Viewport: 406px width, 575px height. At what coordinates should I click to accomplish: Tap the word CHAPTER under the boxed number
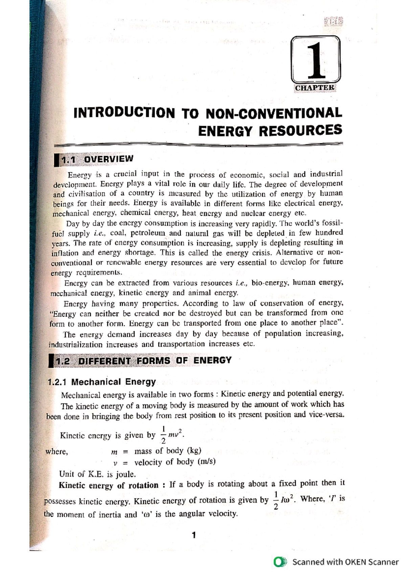click(x=315, y=88)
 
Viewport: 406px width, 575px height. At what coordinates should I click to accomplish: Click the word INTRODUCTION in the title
click(x=124, y=113)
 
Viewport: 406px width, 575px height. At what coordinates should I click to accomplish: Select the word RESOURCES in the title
click(x=300, y=130)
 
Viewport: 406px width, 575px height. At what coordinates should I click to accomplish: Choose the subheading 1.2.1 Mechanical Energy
click(x=101, y=382)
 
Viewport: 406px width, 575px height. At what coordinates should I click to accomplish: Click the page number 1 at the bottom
click(x=194, y=535)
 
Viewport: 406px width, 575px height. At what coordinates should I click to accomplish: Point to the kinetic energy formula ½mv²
click(x=173, y=435)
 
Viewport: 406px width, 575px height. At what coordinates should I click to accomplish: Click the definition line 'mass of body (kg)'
click(x=167, y=451)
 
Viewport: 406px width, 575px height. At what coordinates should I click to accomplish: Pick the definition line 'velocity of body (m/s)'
click(x=175, y=462)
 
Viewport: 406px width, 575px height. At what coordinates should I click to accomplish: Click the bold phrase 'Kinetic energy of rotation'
click(x=108, y=485)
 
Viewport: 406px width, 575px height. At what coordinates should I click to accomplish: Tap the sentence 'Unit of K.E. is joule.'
click(x=97, y=474)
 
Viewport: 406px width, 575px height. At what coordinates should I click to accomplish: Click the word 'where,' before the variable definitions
click(x=57, y=452)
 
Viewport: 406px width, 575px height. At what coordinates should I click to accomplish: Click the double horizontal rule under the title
click(x=198, y=145)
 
